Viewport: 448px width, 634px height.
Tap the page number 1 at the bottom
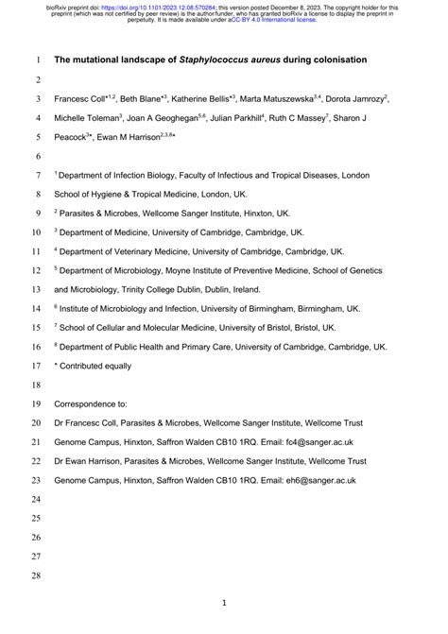pos(224,602)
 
